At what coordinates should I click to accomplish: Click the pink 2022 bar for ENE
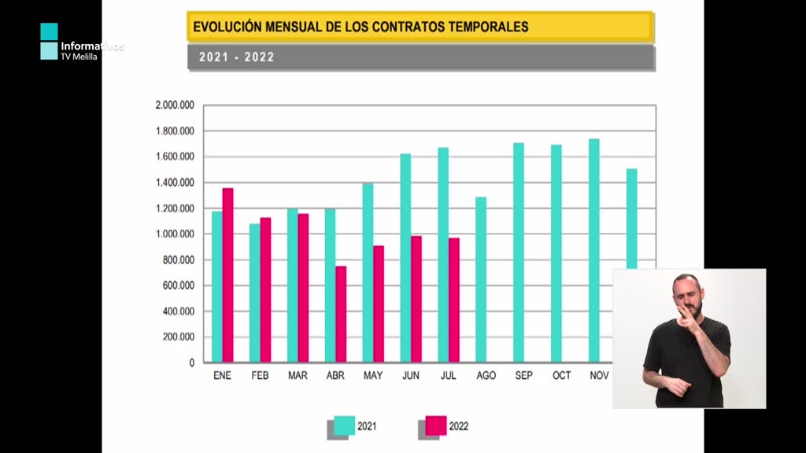pyautogui.click(x=227, y=275)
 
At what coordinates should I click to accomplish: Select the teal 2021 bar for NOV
pyautogui.click(x=594, y=251)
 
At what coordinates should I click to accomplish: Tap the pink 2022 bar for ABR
pyautogui.click(x=341, y=315)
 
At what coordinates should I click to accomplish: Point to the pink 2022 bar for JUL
pyautogui.click(x=454, y=300)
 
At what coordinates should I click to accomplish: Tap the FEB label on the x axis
pyautogui.click(x=260, y=376)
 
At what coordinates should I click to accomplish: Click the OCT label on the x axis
pyautogui.click(x=562, y=376)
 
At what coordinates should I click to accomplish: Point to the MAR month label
pyautogui.click(x=298, y=376)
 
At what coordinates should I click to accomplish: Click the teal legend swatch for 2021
pyautogui.click(x=345, y=425)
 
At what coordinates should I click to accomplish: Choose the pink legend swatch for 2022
pyautogui.click(x=436, y=425)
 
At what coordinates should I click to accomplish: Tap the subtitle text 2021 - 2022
pyautogui.click(x=236, y=57)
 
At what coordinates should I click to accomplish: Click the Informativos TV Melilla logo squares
pyautogui.click(x=49, y=42)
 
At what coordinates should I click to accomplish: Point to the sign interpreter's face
pyautogui.click(x=685, y=295)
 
